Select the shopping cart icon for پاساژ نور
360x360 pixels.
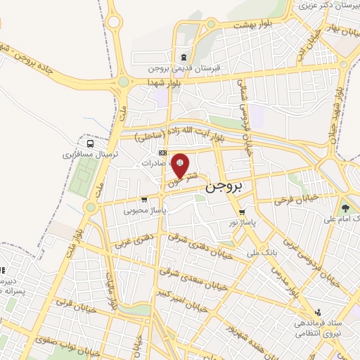coord(242,212)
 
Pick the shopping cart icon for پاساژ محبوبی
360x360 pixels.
coord(143,199)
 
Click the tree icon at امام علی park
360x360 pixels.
coord(345,207)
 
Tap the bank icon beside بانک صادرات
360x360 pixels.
coord(163,153)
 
